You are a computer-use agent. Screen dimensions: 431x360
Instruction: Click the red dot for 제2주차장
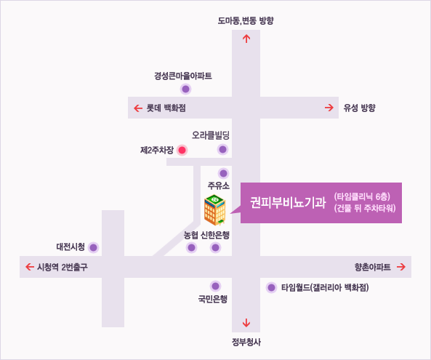[182, 150]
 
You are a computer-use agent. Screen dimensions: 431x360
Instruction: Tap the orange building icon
[215, 210]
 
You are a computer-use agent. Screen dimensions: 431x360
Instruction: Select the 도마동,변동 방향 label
[246, 20]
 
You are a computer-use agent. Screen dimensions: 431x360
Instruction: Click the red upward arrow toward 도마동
[246, 39]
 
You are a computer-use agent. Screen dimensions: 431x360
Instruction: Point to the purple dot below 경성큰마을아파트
[185, 89]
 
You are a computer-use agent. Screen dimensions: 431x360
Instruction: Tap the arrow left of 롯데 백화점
[138, 108]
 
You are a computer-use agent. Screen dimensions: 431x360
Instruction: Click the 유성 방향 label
[359, 108]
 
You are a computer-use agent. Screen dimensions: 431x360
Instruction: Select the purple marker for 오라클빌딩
[222, 150]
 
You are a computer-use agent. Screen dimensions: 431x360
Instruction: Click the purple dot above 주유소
[223, 174]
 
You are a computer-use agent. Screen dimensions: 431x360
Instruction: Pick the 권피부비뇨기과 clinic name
[288, 203]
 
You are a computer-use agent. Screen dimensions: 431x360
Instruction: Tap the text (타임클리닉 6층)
[362, 196]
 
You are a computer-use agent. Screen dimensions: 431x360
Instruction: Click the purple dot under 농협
[191, 248]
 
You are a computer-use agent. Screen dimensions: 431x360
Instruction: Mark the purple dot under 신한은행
[215, 248]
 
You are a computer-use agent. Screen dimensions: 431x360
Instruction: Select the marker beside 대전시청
[94, 247]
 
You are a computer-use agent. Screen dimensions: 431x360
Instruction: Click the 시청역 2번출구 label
[63, 267]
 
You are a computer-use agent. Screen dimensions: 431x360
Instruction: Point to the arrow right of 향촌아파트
[401, 267]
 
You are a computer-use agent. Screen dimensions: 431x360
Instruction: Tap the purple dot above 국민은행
[215, 287]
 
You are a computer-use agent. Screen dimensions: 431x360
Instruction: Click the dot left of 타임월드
[271, 288]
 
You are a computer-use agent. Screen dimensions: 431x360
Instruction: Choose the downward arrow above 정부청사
[246, 323]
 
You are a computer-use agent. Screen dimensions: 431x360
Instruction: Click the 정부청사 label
[246, 342]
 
